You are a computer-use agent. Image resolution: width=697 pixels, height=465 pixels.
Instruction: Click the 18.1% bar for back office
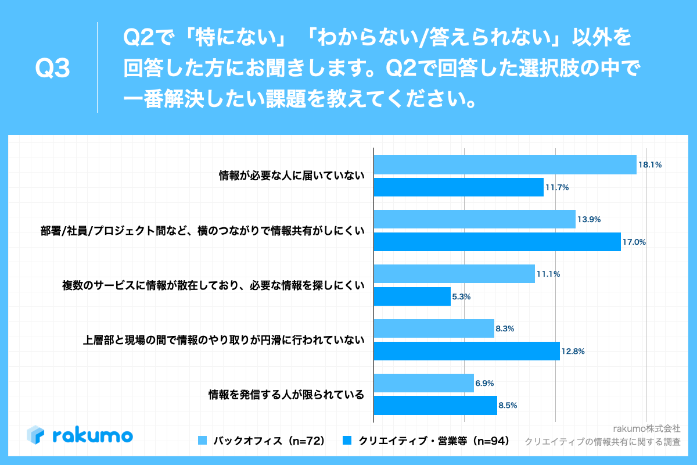505,165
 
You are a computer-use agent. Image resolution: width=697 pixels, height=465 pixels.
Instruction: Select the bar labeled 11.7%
458,187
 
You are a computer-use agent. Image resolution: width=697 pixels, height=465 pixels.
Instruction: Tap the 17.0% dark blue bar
497,241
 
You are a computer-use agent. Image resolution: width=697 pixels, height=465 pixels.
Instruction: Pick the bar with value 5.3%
412,296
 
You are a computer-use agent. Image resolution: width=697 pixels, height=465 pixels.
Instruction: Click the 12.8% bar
466,351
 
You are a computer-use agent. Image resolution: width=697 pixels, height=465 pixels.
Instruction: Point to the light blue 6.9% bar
423,384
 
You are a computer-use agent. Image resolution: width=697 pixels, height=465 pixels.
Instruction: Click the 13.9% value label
589,220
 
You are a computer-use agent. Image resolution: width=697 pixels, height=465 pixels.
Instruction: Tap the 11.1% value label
548,274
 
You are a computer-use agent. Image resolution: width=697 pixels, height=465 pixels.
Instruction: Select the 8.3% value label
505,329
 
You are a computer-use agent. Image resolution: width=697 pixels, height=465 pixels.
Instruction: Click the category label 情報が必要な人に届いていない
291,176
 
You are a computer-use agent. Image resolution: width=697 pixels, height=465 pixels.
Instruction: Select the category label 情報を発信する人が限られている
286,395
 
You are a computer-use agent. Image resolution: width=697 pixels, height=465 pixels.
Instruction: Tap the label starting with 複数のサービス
213,285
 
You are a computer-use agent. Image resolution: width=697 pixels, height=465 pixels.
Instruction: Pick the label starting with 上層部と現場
224,340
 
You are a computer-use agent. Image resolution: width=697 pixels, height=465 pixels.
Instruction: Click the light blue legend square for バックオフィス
202,441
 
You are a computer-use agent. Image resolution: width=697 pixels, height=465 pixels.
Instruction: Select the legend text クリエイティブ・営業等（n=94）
434,441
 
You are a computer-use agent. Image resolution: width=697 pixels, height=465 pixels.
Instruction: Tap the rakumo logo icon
36,435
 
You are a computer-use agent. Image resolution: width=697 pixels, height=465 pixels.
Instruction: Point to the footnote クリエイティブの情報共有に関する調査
602,442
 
